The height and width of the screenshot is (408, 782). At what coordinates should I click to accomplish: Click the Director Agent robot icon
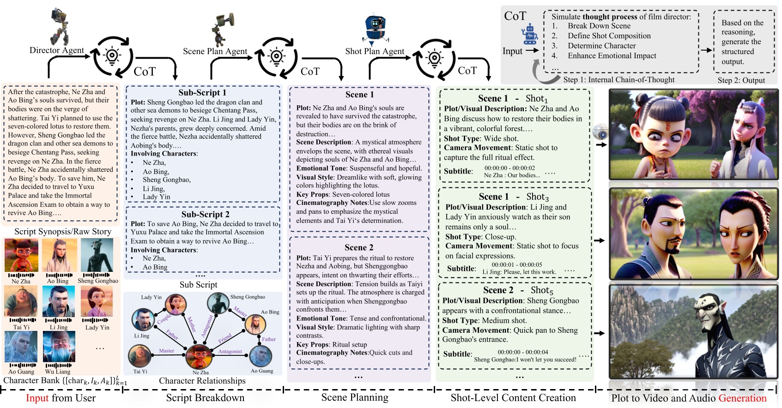60,26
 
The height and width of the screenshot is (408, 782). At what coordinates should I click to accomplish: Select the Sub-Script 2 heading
205,214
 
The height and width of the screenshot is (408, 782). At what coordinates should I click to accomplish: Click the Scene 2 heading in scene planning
359,247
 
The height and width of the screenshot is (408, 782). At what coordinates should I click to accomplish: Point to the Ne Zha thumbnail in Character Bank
21,255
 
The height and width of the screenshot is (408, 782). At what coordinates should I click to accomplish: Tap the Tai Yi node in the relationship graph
139,356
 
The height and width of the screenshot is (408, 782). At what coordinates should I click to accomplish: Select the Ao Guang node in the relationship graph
261,356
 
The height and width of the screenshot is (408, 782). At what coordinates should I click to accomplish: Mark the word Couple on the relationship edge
164,319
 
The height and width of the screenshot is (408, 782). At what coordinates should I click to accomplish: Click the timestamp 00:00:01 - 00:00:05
516,265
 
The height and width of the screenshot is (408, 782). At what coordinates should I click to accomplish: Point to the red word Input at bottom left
37,398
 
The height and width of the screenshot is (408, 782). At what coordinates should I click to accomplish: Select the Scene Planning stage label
355,397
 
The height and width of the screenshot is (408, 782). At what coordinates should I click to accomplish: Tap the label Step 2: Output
741,80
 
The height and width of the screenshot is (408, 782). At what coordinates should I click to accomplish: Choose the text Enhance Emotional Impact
612,56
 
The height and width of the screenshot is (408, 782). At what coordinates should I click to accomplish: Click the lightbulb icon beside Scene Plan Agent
276,57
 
